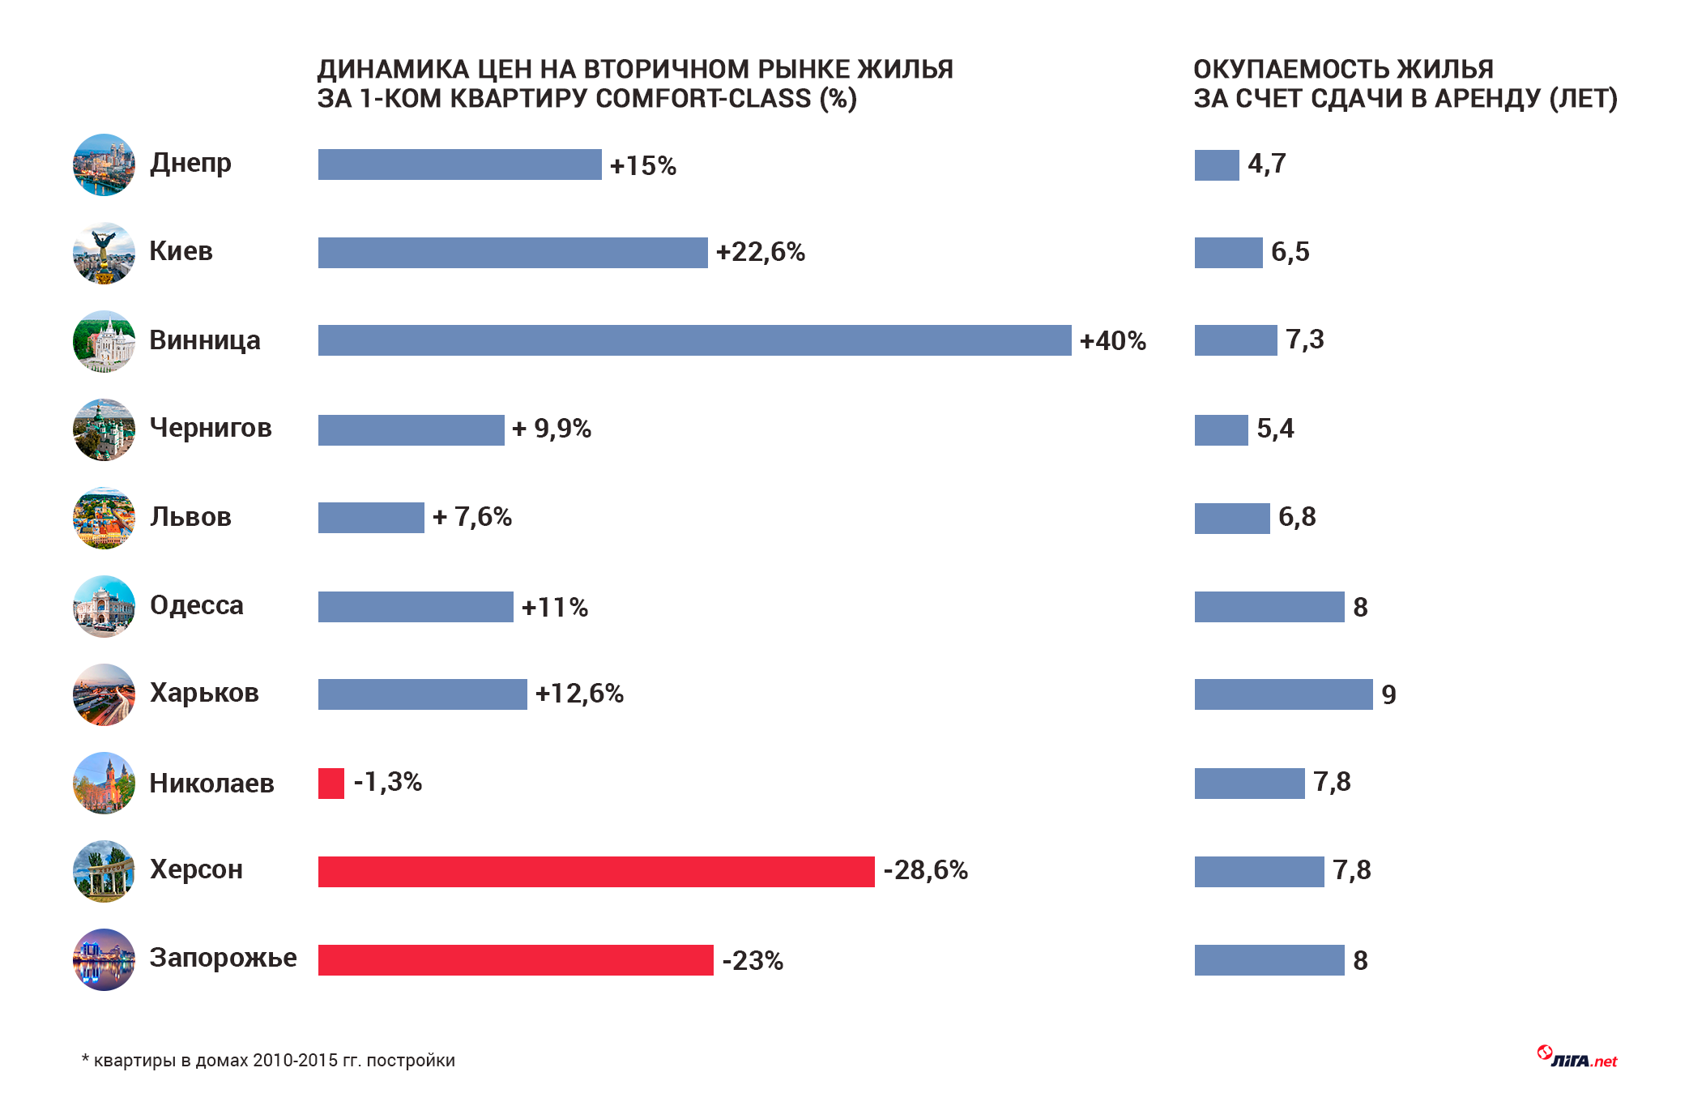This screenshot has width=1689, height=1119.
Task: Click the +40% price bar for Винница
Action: coord(694,340)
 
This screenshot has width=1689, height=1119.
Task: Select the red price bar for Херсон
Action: coord(596,872)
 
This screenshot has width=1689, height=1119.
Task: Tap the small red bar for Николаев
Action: coord(331,784)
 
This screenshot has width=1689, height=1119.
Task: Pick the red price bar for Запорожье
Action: coord(515,960)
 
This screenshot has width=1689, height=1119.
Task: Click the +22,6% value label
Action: coord(760,252)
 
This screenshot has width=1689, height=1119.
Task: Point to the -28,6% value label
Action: coord(925,870)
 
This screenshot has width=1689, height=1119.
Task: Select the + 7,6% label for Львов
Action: coord(472,517)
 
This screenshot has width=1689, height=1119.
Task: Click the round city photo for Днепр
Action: coord(104,164)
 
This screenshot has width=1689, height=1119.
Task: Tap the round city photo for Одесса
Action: coord(104,607)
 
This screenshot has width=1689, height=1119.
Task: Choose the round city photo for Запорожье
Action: coord(104,960)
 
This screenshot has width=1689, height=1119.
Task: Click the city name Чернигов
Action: coord(211,428)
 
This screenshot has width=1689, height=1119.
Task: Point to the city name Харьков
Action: coord(204,693)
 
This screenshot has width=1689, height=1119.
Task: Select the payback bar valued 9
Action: coord(1283,694)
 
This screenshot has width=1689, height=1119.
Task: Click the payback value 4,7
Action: coord(1266,164)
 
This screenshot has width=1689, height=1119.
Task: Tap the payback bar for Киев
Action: coord(1228,253)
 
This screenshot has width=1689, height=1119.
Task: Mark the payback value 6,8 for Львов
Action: coord(1296,517)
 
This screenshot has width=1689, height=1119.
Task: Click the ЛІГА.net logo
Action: coord(1577,1058)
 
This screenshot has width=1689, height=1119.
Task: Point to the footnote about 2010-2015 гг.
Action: coord(269,1061)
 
